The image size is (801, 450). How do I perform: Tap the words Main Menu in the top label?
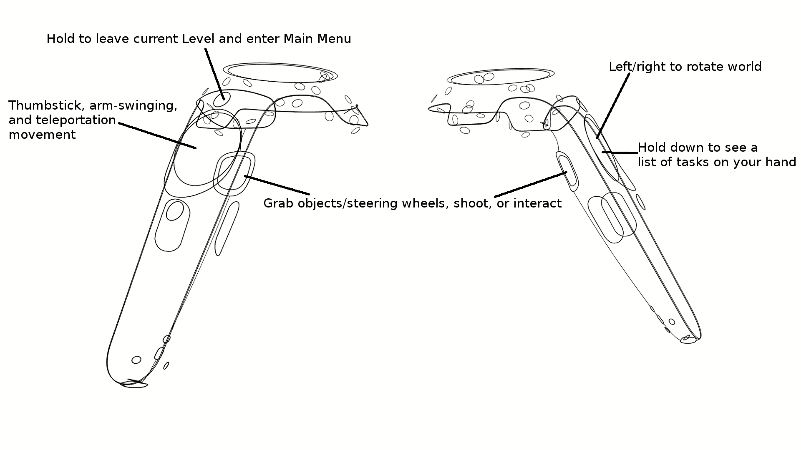pyautogui.click(x=317, y=39)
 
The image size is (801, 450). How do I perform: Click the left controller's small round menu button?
pyautogui.click(x=222, y=99)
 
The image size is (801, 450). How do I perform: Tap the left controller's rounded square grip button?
pyautogui.click(x=234, y=173)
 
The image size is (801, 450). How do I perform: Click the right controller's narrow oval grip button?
pyautogui.click(x=567, y=171)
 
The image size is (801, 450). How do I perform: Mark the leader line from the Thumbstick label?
pyautogui.click(x=157, y=135)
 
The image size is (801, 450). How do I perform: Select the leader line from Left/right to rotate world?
pyautogui.click(x=613, y=106)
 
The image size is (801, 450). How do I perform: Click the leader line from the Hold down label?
pyautogui.click(x=620, y=153)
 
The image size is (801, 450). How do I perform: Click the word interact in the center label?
pyautogui.click(x=538, y=203)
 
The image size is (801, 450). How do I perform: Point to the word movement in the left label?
pyautogui.click(x=42, y=135)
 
